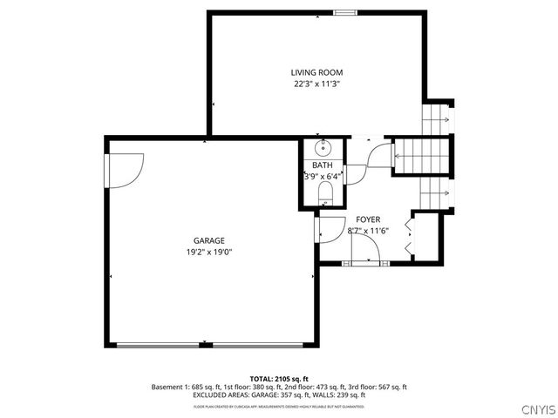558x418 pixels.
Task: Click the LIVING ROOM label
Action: pyautogui.click(x=316, y=72)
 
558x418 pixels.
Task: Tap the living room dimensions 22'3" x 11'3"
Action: pyautogui.click(x=316, y=84)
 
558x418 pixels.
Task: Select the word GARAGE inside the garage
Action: pyautogui.click(x=209, y=240)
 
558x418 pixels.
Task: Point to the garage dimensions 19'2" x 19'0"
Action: pyautogui.click(x=209, y=252)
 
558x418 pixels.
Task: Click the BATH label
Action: pyautogui.click(x=323, y=165)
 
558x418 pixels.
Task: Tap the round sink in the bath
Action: pyautogui.click(x=323, y=146)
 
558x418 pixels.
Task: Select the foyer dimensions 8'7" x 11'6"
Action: pyautogui.click(x=367, y=231)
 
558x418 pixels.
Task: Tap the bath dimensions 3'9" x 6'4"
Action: pyautogui.click(x=323, y=176)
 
